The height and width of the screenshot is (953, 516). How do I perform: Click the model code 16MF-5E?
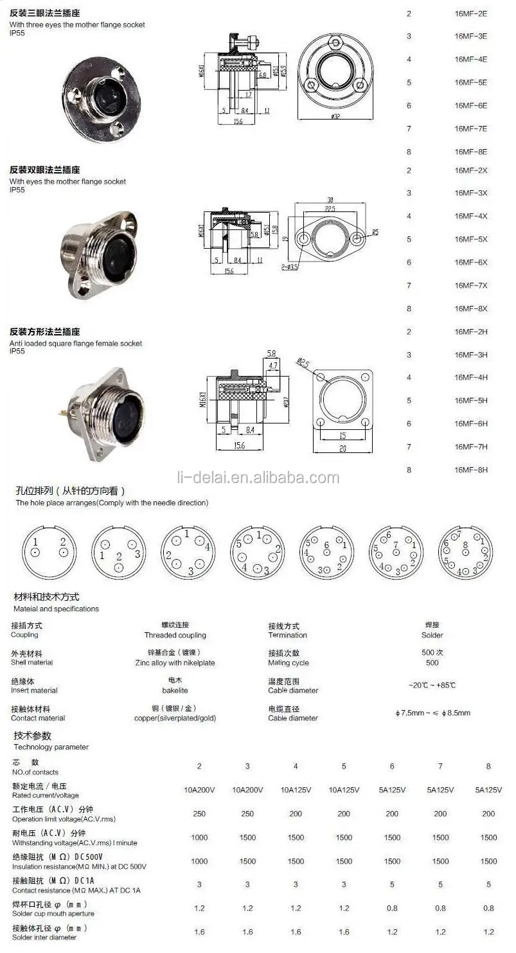(x=470, y=82)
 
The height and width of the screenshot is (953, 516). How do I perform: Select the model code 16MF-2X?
(x=470, y=170)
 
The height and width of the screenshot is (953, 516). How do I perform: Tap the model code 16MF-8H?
(x=470, y=470)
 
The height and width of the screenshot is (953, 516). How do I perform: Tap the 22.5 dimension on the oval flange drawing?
(x=330, y=209)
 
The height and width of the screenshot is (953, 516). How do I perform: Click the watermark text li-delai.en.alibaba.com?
(x=258, y=477)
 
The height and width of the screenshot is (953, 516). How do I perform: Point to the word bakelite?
(x=175, y=690)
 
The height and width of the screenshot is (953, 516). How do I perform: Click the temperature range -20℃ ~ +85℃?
(x=432, y=685)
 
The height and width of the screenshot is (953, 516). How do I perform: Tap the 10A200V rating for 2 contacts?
(x=199, y=790)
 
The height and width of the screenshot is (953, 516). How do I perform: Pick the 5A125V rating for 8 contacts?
(x=488, y=790)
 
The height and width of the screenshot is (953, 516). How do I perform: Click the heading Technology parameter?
(x=51, y=747)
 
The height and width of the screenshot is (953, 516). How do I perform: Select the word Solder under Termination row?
(x=432, y=635)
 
